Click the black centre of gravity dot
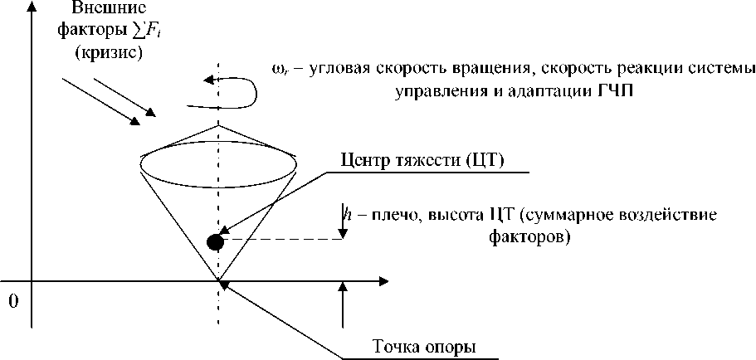216,242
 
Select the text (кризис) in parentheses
108,54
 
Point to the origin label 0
12,300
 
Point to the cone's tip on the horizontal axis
219,281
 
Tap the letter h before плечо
344,215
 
